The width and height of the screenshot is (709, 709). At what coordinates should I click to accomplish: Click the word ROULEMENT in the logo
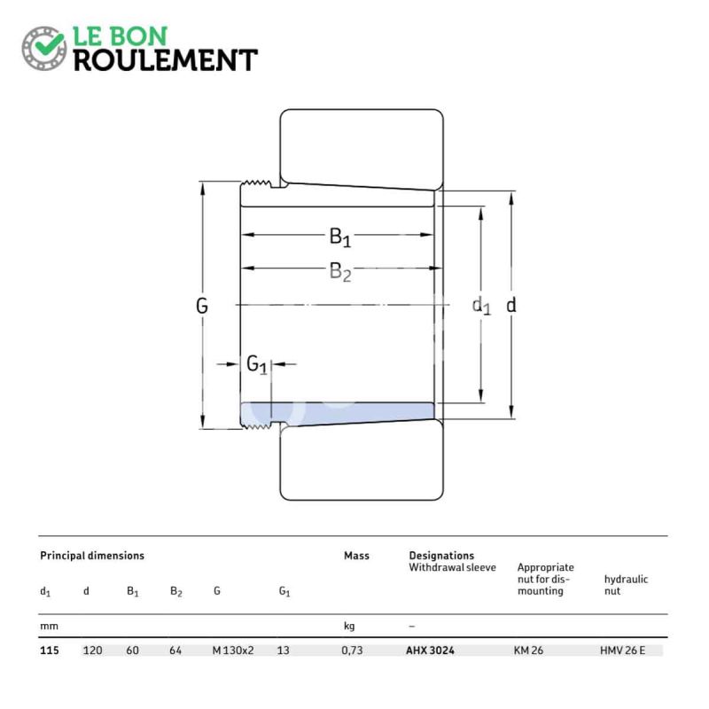(166, 60)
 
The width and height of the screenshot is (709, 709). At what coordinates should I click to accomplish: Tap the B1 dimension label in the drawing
(340, 237)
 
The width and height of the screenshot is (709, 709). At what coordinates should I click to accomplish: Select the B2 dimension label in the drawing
(340, 272)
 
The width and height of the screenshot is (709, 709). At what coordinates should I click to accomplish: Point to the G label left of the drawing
(202, 306)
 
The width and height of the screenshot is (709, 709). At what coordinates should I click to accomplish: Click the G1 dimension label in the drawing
(257, 364)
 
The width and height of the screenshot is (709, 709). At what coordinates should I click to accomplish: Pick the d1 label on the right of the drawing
(481, 306)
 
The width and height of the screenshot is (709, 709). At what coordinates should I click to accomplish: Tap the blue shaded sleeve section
(337, 412)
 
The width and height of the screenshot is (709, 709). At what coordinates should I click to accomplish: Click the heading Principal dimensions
(92, 556)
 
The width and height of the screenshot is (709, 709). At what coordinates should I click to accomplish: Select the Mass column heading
(356, 556)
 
